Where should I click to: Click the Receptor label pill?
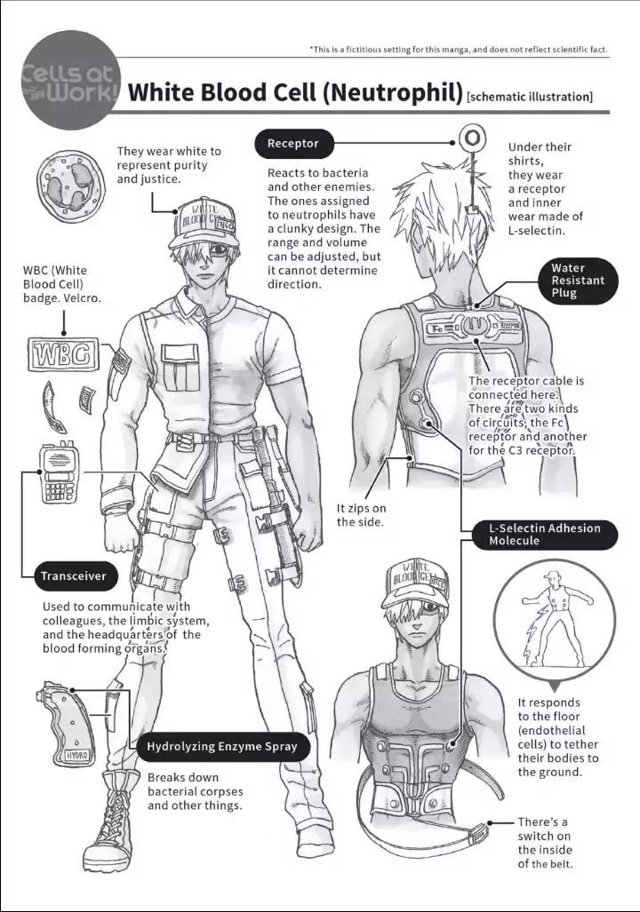point(294,144)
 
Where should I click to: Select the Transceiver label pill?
point(76,576)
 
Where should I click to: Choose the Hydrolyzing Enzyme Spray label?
point(222,747)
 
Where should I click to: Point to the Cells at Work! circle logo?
point(70,80)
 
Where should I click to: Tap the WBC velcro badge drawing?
point(63,354)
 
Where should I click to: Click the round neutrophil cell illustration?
point(70,186)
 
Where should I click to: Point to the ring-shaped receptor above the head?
point(472,139)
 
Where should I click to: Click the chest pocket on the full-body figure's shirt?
point(180,368)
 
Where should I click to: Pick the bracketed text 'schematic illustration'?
point(530,97)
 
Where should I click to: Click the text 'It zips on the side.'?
point(361,515)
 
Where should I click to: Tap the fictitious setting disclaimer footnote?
point(459,50)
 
